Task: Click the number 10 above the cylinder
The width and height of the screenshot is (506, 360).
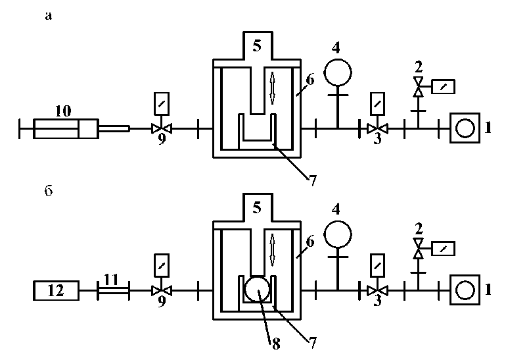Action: pos(63,111)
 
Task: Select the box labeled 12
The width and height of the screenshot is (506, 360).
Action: pos(56,289)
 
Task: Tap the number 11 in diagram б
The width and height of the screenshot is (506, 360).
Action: pos(112,279)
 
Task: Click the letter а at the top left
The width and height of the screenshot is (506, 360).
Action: pos(48,17)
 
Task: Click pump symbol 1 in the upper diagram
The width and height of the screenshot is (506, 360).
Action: pos(465,128)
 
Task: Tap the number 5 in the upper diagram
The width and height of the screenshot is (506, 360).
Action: pos(257,47)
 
